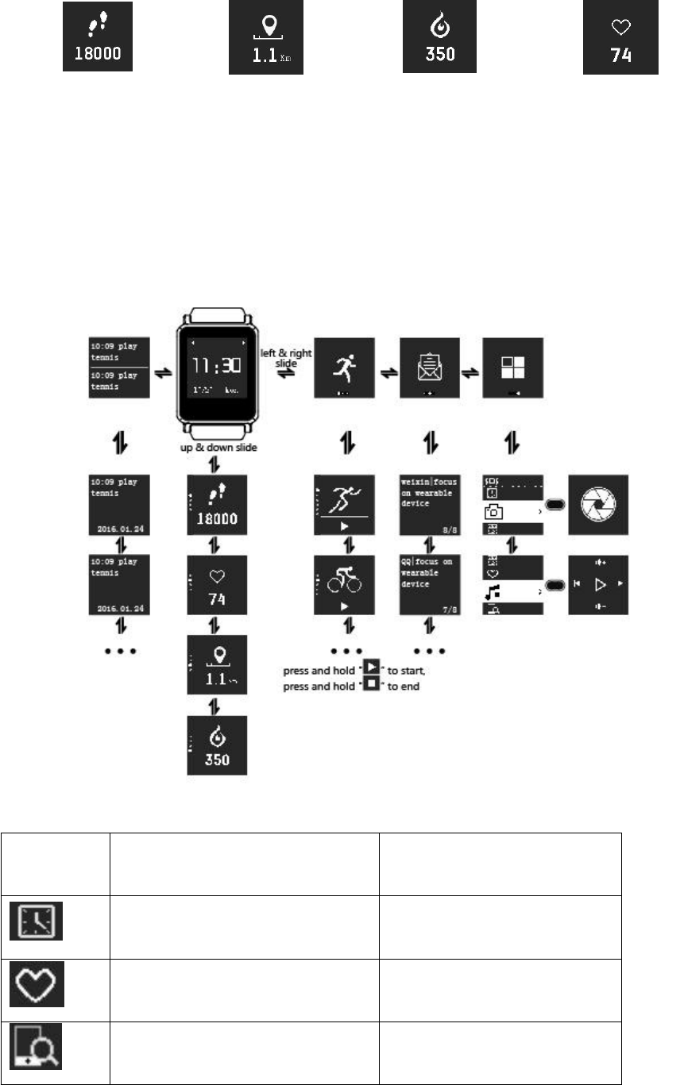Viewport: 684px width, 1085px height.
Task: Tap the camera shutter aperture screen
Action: click(597, 506)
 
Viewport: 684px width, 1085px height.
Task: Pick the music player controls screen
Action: click(597, 584)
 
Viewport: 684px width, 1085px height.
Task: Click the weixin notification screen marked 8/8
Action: click(430, 506)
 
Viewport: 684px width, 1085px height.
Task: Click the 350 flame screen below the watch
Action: click(217, 744)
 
